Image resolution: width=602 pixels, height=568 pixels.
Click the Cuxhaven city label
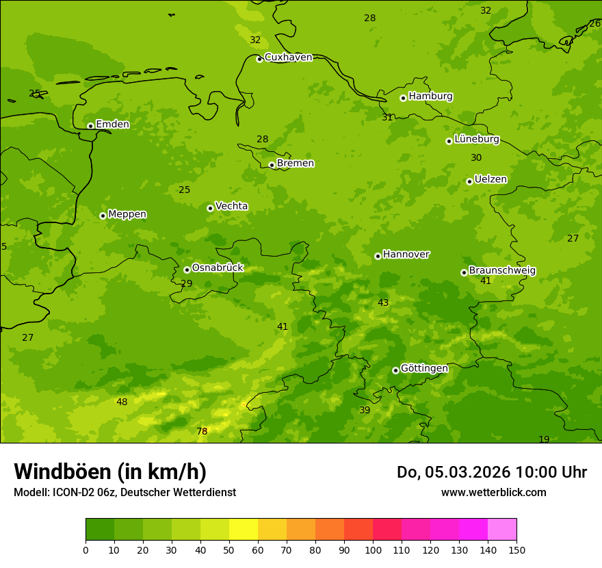pos(288,57)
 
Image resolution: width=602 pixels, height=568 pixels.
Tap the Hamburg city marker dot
pos(403,98)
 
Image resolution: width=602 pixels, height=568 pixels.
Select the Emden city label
pos(112,125)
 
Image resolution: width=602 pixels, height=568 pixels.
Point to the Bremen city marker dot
pos(272,165)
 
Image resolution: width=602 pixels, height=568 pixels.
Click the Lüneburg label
pos(476,139)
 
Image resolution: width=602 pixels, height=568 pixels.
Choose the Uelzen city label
pos(490,179)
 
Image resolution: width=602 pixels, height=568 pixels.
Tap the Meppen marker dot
pos(103,216)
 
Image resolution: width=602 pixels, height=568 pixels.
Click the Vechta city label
pos(231,206)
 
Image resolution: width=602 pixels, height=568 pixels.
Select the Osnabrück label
pos(218,268)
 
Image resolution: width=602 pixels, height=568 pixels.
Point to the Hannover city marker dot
pos(378,256)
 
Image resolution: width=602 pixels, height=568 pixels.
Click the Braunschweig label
pos(502,270)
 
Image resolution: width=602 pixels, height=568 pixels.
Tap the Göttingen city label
pos(424,368)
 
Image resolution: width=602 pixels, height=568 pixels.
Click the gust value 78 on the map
pos(202,431)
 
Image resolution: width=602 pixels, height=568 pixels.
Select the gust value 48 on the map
pos(122,402)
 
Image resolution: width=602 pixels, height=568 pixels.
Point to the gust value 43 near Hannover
pos(383,302)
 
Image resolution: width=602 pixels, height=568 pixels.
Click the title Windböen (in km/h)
pos(110,472)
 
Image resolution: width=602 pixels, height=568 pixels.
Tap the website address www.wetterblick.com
pos(493,492)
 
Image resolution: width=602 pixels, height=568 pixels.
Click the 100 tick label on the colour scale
pos(373,550)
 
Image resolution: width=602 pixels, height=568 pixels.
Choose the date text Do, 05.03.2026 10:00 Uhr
pos(491,472)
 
